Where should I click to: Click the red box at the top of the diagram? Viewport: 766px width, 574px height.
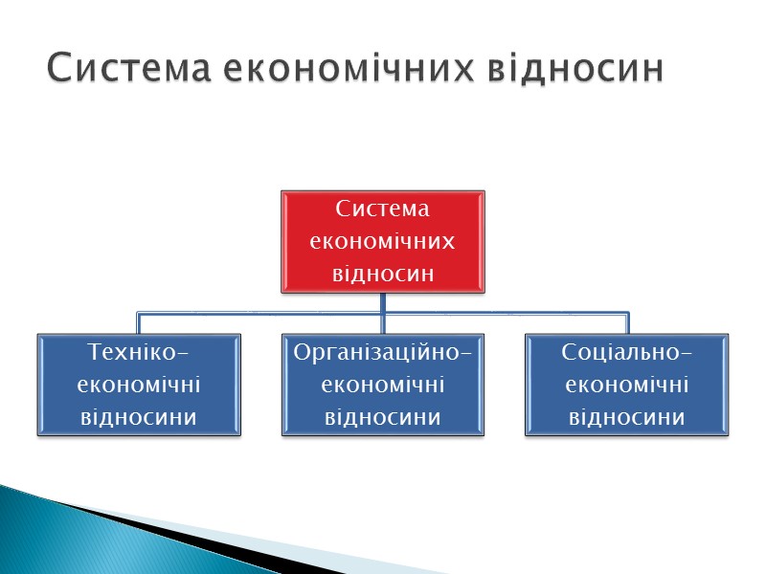point(382,240)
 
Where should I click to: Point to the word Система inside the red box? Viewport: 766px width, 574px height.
point(383,209)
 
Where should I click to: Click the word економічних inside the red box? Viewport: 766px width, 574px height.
point(383,241)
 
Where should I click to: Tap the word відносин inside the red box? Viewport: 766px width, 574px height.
point(383,274)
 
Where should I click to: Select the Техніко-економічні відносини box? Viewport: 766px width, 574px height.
point(139,385)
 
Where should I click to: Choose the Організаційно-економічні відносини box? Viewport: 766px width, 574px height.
point(382,385)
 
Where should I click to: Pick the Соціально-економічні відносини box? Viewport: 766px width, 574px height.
point(626,385)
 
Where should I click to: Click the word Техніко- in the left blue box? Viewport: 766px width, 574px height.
point(139,352)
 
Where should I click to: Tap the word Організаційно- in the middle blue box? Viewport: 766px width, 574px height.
point(383,352)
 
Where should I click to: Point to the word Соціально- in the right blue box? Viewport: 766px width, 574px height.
point(627,352)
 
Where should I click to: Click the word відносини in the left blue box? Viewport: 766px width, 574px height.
point(139,417)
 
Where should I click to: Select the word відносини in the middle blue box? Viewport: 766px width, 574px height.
point(383,417)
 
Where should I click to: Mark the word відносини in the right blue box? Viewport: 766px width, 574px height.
point(627,417)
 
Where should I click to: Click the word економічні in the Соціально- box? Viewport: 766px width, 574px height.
point(627,385)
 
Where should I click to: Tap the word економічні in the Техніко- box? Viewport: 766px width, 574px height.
point(139,385)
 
